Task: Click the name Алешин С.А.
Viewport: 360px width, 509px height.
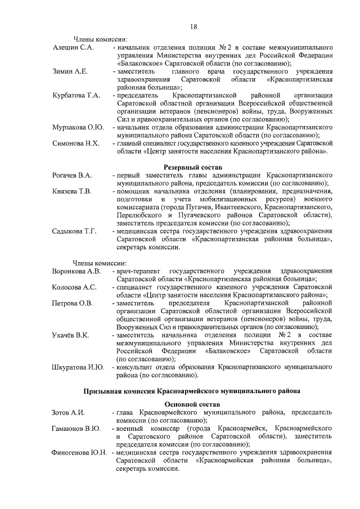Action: coord(72,48)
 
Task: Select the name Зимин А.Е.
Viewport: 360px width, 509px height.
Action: coord(70,72)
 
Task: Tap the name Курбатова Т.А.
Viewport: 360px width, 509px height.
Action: coord(76,96)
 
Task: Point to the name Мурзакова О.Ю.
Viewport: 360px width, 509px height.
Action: coord(78,127)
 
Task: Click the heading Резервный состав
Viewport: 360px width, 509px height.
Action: coord(193,168)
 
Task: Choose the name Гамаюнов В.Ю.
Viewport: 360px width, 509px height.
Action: coord(76,429)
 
